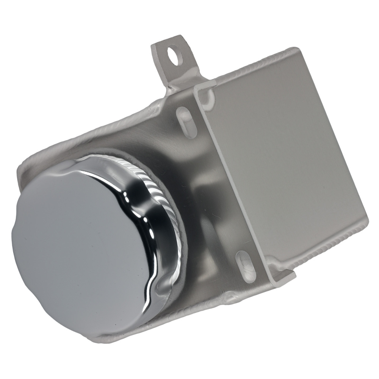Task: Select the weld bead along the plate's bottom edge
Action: pos(326,243)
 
